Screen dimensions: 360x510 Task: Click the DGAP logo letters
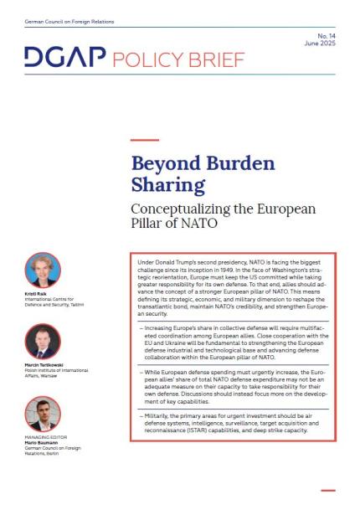pos(64,58)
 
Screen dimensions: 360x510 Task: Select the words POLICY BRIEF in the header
pos(178,59)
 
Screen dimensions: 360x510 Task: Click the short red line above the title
pos(144,140)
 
